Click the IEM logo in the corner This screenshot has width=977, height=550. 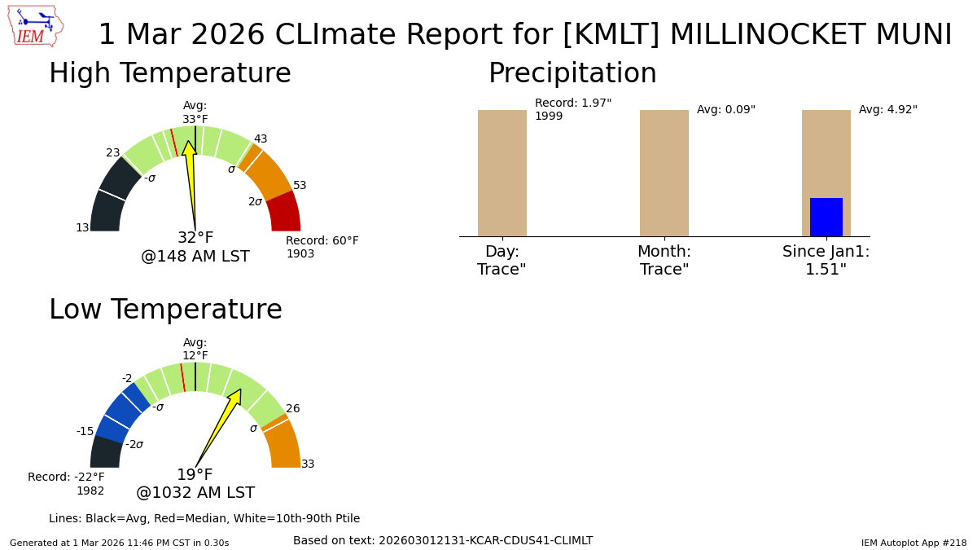pos(35,26)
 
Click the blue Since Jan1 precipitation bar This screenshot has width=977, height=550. pos(826,217)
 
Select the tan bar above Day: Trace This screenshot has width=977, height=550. pos(502,173)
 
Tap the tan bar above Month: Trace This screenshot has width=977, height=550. pos(664,173)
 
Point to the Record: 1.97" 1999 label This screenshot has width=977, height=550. pos(572,110)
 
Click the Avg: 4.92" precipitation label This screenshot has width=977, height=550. pos(887,110)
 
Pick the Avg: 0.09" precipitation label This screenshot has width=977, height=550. pos(725,110)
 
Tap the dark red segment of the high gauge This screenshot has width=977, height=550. pos(284,212)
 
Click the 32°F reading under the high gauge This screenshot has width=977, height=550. pos(195,238)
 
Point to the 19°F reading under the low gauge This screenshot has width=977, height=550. pos(195,475)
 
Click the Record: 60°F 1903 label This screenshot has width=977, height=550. pos(322,248)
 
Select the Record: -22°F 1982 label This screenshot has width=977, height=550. pos(67,484)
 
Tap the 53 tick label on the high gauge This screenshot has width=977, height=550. pos(300,186)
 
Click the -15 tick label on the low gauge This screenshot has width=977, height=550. pos(85,432)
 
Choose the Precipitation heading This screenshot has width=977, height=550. pos(572,74)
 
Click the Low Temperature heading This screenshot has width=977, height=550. pos(165,310)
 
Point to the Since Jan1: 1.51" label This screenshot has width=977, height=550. pos(826,261)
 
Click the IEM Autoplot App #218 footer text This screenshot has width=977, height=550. pos(913,543)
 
